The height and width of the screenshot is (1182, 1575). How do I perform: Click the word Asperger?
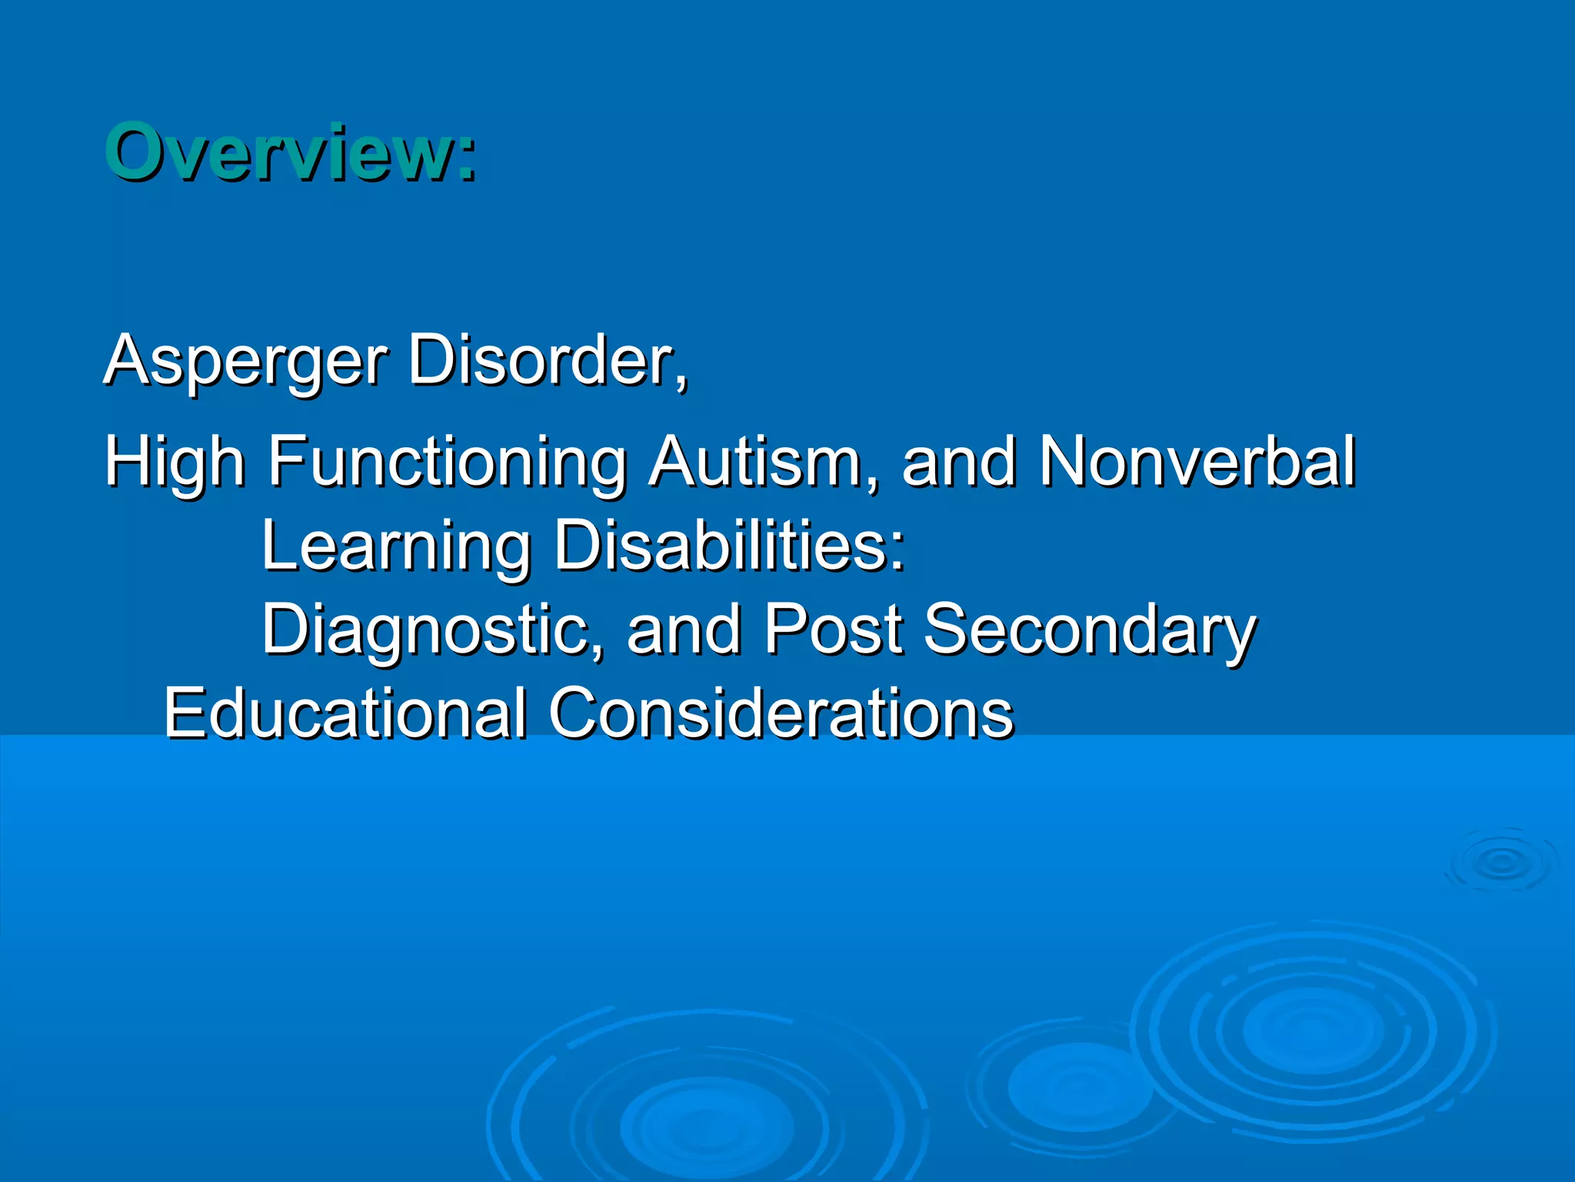pos(246,360)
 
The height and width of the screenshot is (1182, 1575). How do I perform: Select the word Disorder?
pos(542,360)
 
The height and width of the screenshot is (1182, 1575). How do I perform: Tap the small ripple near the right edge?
pos(1500,863)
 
